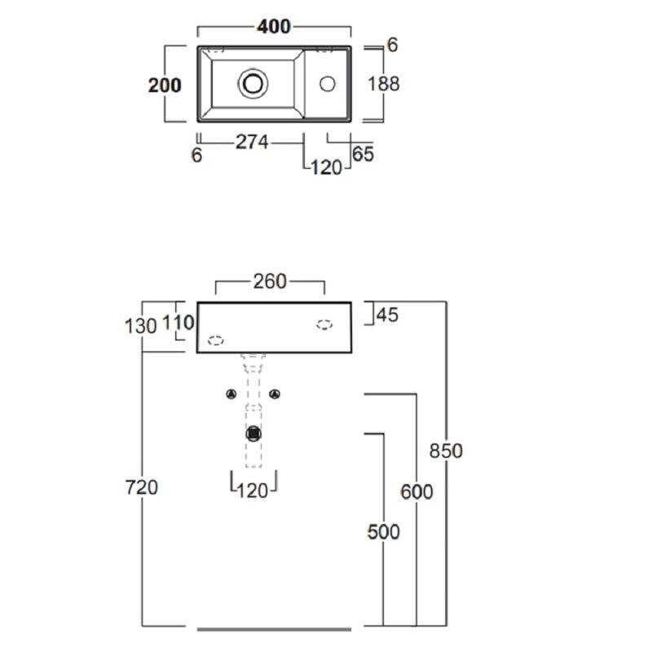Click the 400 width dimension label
click(x=274, y=27)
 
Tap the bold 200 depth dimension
click(x=165, y=86)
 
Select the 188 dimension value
click(x=383, y=84)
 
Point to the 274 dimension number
click(x=252, y=142)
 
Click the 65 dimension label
click(x=363, y=154)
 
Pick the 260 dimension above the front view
click(x=270, y=281)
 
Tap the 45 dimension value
click(x=388, y=315)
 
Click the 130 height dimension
click(x=140, y=326)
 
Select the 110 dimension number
click(x=178, y=322)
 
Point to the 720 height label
click(x=141, y=487)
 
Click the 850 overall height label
click(x=446, y=451)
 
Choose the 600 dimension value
click(x=416, y=491)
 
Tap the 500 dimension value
click(x=383, y=532)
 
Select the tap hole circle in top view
click(x=328, y=84)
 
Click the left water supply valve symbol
click(x=231, y=394)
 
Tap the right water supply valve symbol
click(x=275, y=394)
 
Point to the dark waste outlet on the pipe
click(x=253, y=434)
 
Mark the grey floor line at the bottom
click(x=274, y=629)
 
